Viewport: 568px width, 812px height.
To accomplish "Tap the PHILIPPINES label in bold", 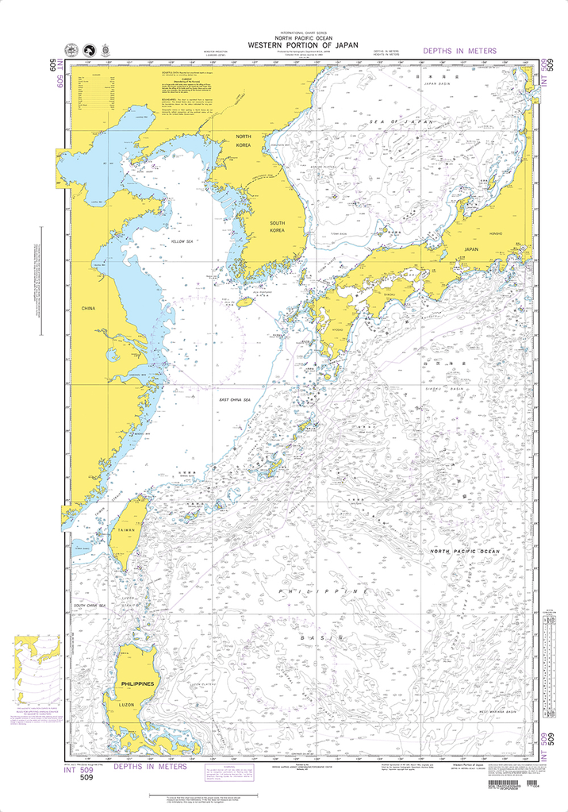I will click(137, 683).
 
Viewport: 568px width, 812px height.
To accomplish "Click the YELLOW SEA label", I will click(182, 241).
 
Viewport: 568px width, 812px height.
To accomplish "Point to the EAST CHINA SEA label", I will click(236, 399).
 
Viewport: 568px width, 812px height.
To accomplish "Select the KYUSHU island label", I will click(337, 328).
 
